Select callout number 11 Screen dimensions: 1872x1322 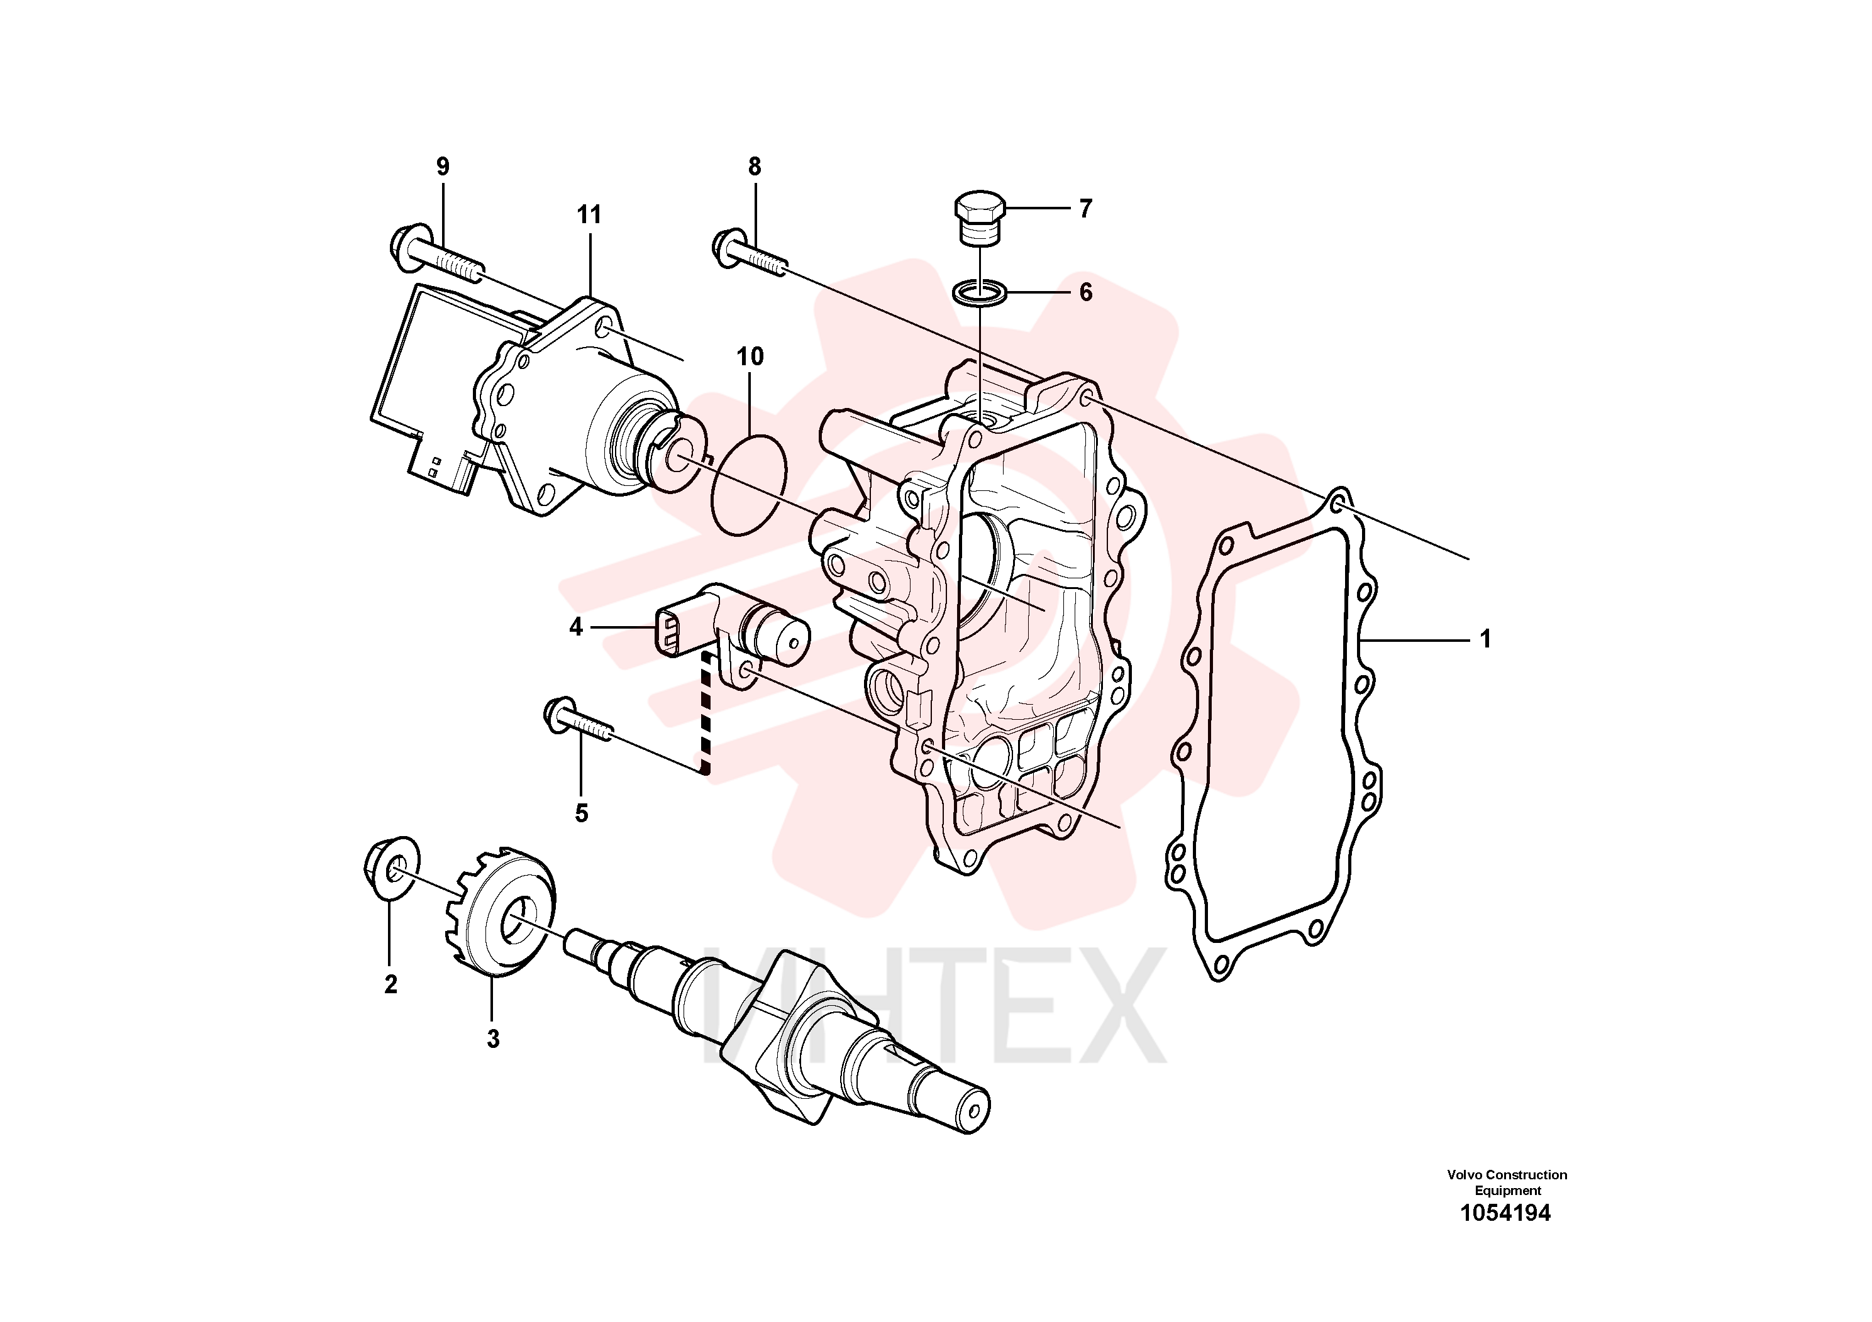point(589,215)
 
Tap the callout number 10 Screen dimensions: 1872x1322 point(750,356)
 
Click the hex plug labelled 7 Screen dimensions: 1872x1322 point(979,218)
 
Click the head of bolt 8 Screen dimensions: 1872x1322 point(726,248)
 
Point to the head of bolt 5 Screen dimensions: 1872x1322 point(561,715)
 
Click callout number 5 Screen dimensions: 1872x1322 point(581,813)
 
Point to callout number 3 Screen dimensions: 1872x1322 point(492,1039)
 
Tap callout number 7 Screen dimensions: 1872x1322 point(1085,209)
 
